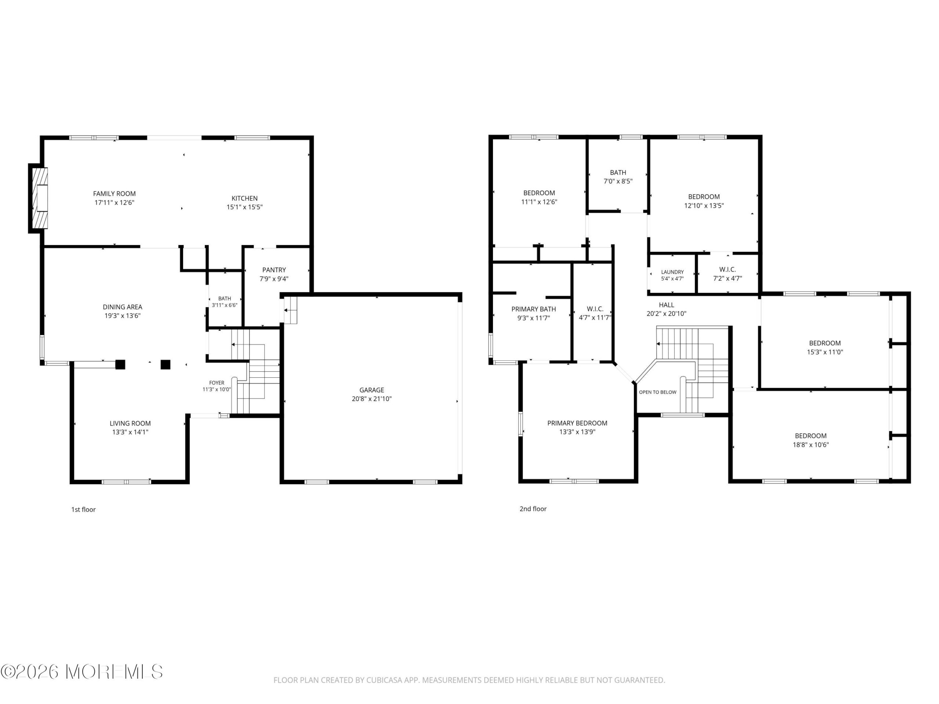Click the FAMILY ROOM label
click(x=114, y=194)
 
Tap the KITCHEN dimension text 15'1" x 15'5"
click(x=245, y=207)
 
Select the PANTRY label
click(x=274, y=270)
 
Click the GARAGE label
click(x=372, y=390)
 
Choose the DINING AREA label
click(x=122, y=307)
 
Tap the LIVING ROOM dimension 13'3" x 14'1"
click(x=130, y=432)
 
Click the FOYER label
click(x=216, y=383)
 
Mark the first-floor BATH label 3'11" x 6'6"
click(x=224, y=302)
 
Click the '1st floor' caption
click(x=83, y=510)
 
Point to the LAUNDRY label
click(x=672, y=272)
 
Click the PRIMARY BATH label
click(x=534, y=309)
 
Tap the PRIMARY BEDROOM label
click(x=577, y=423)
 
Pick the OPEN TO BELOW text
click(x=658, y=392)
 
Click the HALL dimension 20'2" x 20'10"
click(x=666, y=313)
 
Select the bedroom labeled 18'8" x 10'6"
click(x=810, y=440)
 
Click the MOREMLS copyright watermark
click(x=81, y=672)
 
